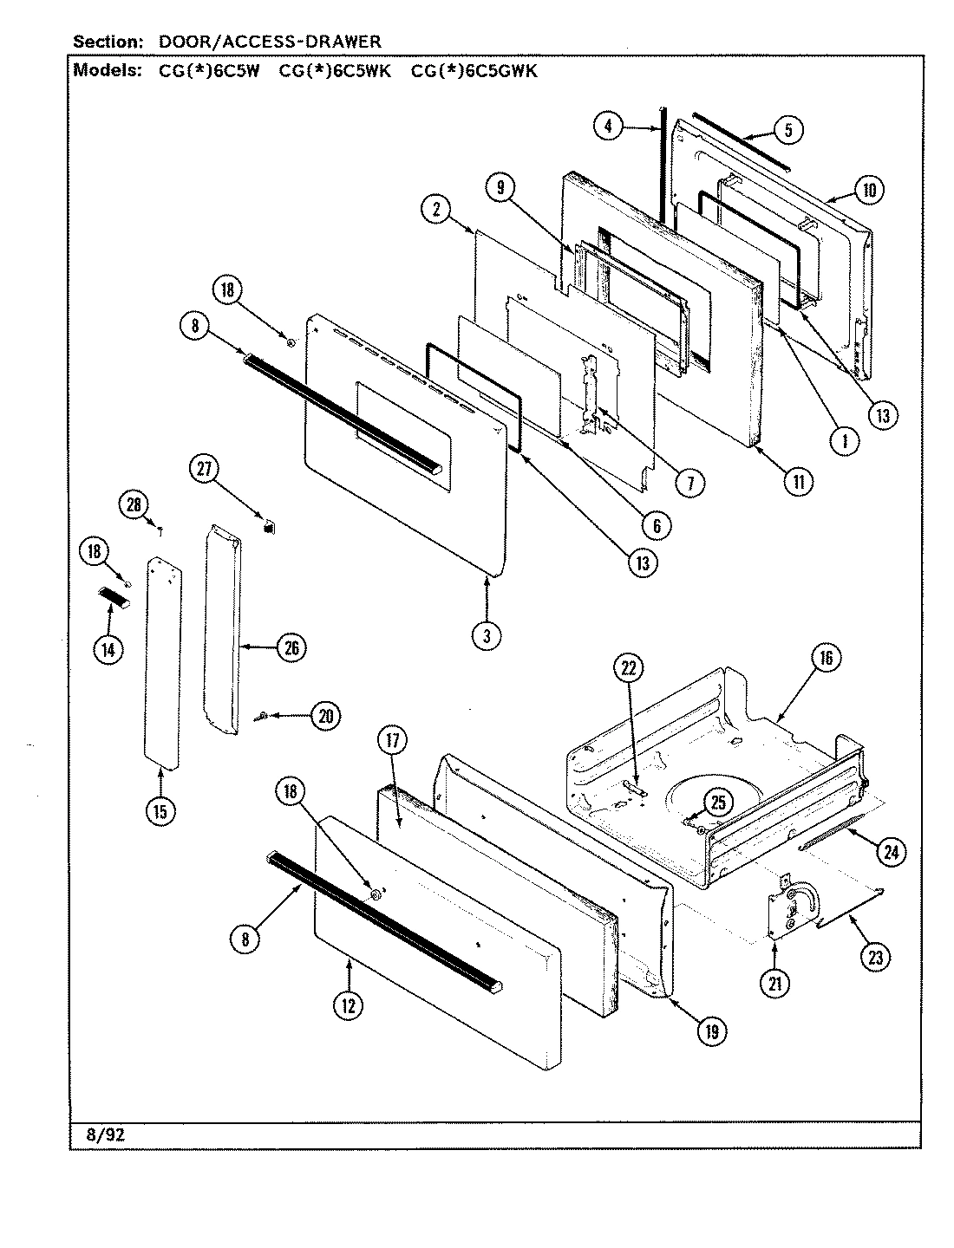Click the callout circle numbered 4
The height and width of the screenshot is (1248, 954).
tap(609, 127)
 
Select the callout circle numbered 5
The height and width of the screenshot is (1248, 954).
tap(787, 131)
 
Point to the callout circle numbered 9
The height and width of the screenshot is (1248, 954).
tap(500, 185)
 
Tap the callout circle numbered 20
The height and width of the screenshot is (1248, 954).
tap(325, 716)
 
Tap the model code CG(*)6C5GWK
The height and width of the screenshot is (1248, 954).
tap(474, 71)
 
